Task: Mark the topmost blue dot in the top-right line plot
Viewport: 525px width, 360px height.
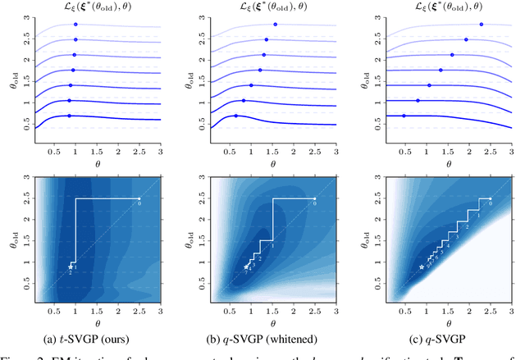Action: click(481, 24)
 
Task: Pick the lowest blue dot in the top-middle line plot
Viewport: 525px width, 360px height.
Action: click(236, 116)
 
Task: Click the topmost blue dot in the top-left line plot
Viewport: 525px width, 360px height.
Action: click(76, 24)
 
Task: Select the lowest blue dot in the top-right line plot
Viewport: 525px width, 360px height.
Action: click(403, 116)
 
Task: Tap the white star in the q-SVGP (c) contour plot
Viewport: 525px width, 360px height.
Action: click(422, 267)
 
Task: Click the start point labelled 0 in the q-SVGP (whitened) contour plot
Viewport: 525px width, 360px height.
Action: click(315, 198)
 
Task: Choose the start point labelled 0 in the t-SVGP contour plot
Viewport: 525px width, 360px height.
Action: click(139, 198)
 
